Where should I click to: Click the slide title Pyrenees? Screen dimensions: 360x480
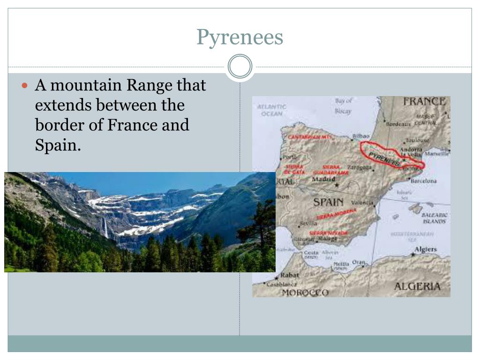click(240, 37)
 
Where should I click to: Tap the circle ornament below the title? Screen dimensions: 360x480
click(240, 66)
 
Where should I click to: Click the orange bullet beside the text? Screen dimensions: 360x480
click(26, 86)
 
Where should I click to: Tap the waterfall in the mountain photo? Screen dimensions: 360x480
click(105, 228)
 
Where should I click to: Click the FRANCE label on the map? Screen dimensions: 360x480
click(424, 101)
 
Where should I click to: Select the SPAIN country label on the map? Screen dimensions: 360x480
click(328, 202)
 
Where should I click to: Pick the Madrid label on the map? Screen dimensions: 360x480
click(323, 179)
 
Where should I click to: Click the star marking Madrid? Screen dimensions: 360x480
click(337, 185)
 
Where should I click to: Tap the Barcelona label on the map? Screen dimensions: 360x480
click(423, 180)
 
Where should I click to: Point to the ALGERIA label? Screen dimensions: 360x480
click(417, 286)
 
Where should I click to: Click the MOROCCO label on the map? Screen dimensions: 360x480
click(305, 292)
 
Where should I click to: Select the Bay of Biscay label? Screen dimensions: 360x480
click(343, 105)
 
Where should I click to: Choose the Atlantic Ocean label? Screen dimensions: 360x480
click(271, 110)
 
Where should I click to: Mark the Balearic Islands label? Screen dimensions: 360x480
click(435, 217)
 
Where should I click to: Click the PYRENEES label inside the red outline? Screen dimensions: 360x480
click(384, 159)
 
